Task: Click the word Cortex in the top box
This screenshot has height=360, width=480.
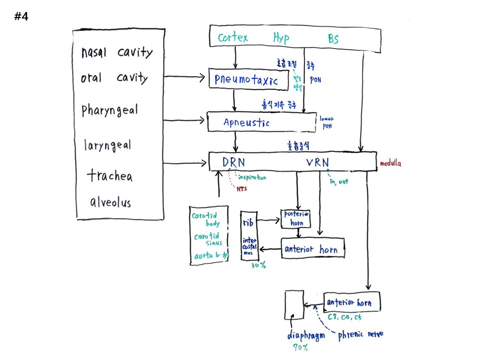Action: pyautogui.click(x=233, y=37)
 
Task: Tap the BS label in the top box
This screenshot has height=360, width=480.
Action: pyautogui.click(x=333, y=38)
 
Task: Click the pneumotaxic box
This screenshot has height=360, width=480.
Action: pyautogui.click(x=248, y=79)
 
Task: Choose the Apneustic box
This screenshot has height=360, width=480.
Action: pyautogui.click(x=261, y=122)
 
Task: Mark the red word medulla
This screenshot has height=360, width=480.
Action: pyautogui.click(x=391, y=163)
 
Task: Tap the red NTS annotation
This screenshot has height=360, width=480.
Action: pyautogui.click(x=242, y=188)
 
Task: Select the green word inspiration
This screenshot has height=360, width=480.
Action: pyautogui.click(x=252, y=177)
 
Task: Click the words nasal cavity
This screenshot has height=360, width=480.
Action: pyautogui.click(x=117, y=52)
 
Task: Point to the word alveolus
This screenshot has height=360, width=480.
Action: pyautogui.click(x=110, y=202)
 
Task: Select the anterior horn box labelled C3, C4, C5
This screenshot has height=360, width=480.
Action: pyautogui.click(x=352, y=302)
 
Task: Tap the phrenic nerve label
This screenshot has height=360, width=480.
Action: pyautogui.click(x=360, y=334)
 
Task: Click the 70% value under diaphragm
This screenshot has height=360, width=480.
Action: pyautogui.click(x=300, y=347)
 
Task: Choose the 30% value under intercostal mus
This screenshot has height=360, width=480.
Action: pyautogui.click(x=258, y=265)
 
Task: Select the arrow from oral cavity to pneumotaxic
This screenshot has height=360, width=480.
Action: pyautogui.click(x=185, y=77)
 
